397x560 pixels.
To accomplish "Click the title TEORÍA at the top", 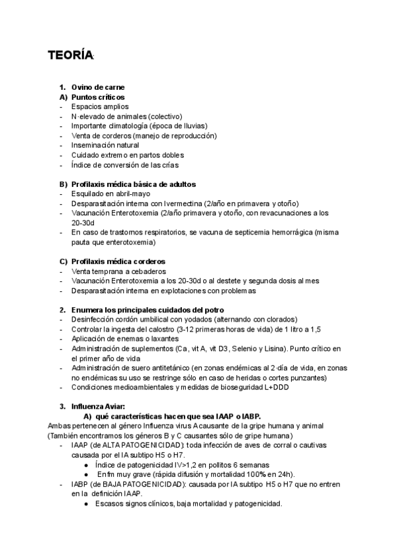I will (x=70, y=56).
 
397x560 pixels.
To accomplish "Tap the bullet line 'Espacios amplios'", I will (x=100, y=106).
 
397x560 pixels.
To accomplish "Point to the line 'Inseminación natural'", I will (x=105, y=145).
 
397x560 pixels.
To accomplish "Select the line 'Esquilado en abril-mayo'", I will (x=110, y=193).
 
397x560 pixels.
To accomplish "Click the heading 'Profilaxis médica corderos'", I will (x=118, y=262).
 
